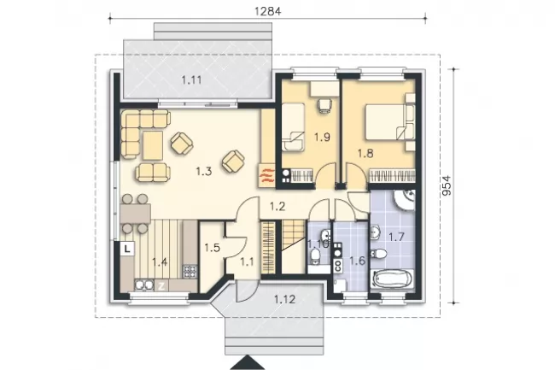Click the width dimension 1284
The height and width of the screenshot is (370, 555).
pyautogui.click(x=267, y=11)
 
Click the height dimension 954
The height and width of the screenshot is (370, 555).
pyautogui.click(x=447, y=185)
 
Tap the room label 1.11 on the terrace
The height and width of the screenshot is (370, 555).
pyautogui.click(x=191, y=80)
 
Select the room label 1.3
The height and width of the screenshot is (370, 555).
pyautogui.click(x=204, y=172)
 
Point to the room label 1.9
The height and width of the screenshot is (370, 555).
pyautogui.click(x=322, y=137)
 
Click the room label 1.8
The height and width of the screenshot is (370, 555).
pyautogui.click(x=365, y=153)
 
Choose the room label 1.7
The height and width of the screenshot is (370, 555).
pyautogui.click(x=396, y=237)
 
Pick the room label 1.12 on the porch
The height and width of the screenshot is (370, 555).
pyautogui.click(x=284, y=300)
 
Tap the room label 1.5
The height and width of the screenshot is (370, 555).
pyautogui.click(x=212, y=248)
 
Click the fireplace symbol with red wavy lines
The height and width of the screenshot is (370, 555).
pyautogui.click(x=267, y=175)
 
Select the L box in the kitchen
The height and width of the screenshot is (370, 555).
pyautogui.click(x=127, y=248)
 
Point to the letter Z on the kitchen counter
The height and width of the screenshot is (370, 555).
pyautogui.click(x=161, y=286)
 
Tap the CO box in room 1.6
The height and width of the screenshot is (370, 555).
pyautogui.click(x=337, y=265)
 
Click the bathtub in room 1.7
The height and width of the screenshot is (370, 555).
pyautogui.click(x=392, y=279)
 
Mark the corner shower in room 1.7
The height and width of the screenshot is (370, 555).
pyautogui.click(x=404, y=200)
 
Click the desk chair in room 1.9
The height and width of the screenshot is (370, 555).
pyautogui.click(x=325, y=105)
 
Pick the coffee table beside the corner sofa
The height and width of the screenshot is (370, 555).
pyautogui.click(x=153, y=145)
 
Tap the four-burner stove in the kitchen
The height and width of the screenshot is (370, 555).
pyautogui.click(x=190, y=271)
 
